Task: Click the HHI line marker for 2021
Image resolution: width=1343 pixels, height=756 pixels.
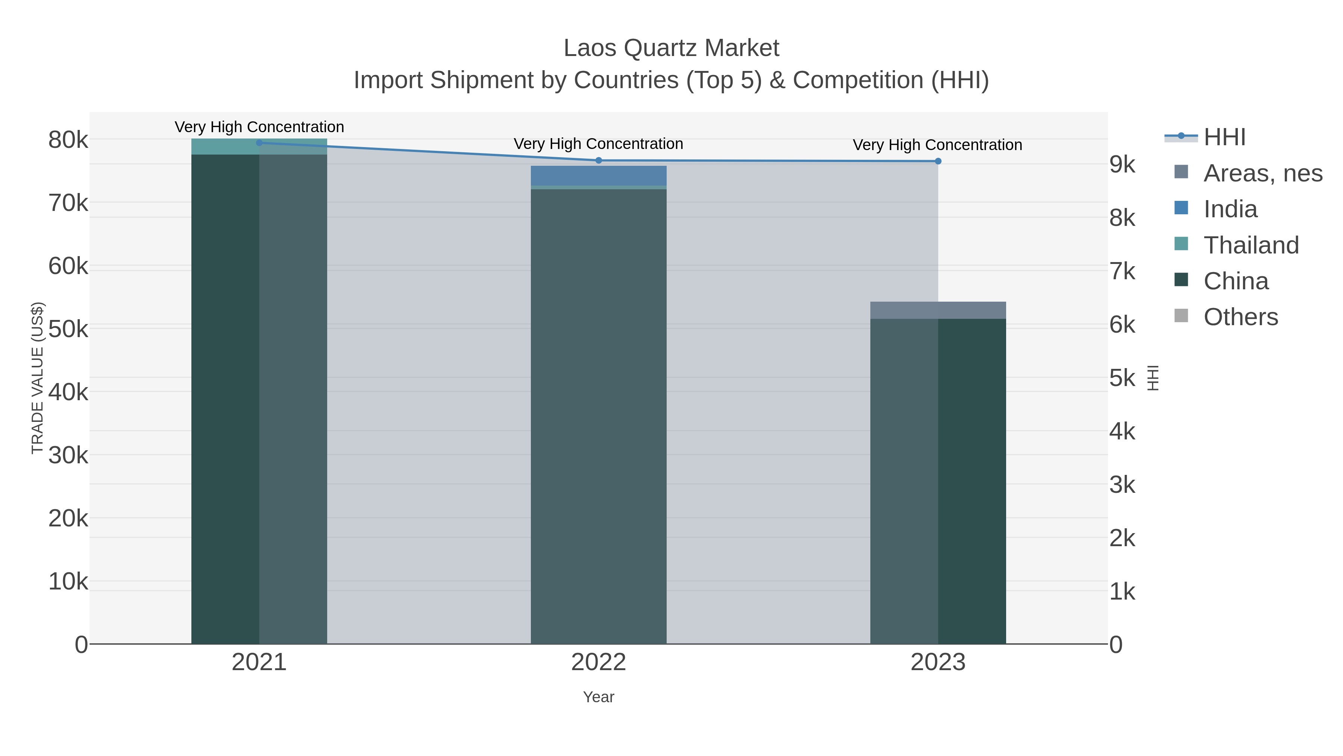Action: (x=259, y=143)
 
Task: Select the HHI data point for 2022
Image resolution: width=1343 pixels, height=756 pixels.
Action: (x=598, y=160)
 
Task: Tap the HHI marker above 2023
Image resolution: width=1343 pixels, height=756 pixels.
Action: (x=938, y=161)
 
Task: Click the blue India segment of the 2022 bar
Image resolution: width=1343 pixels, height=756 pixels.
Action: (x=598, y=176)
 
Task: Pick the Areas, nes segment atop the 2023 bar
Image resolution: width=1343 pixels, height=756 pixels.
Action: (x=938, y=310)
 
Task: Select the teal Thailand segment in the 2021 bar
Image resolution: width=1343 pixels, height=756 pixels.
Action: (x=259, y=147)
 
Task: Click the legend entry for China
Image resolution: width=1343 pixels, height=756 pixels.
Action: (x=1235, y=281)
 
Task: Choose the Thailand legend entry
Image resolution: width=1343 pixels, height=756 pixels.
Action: (x=1251, y=245)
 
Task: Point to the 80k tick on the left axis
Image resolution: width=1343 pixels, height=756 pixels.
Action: (x=68, y=140)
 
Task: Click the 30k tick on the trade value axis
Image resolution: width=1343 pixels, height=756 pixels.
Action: (x=68, y=455)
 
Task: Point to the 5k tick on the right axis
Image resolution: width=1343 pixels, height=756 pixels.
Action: (x=1122, y=378)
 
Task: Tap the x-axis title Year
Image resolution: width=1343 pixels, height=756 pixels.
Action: (x=598, y=697)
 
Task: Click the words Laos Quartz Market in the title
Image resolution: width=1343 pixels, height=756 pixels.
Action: (x=671, y=48)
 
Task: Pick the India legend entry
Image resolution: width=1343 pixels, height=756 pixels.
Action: (x=1230, y=209)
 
